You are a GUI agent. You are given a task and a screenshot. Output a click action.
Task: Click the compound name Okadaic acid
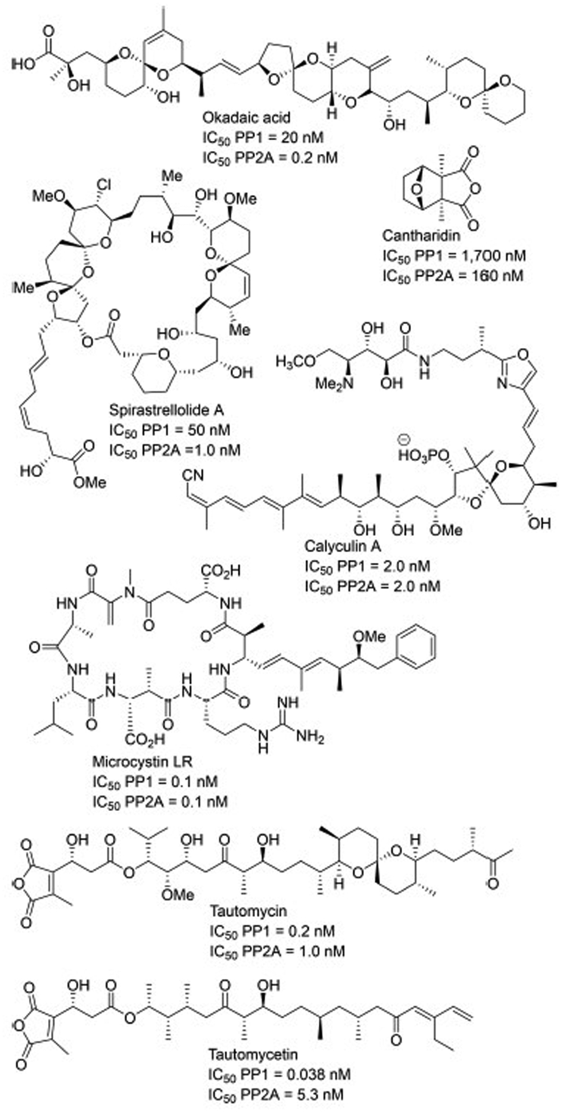(x=246, y=118)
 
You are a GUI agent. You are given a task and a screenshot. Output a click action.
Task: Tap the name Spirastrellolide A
(x=166, y=410)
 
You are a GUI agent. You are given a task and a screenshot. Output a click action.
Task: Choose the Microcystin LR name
(x=140, y=760)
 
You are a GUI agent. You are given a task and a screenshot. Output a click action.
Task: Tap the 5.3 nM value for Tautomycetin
(x=318, y=1094)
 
